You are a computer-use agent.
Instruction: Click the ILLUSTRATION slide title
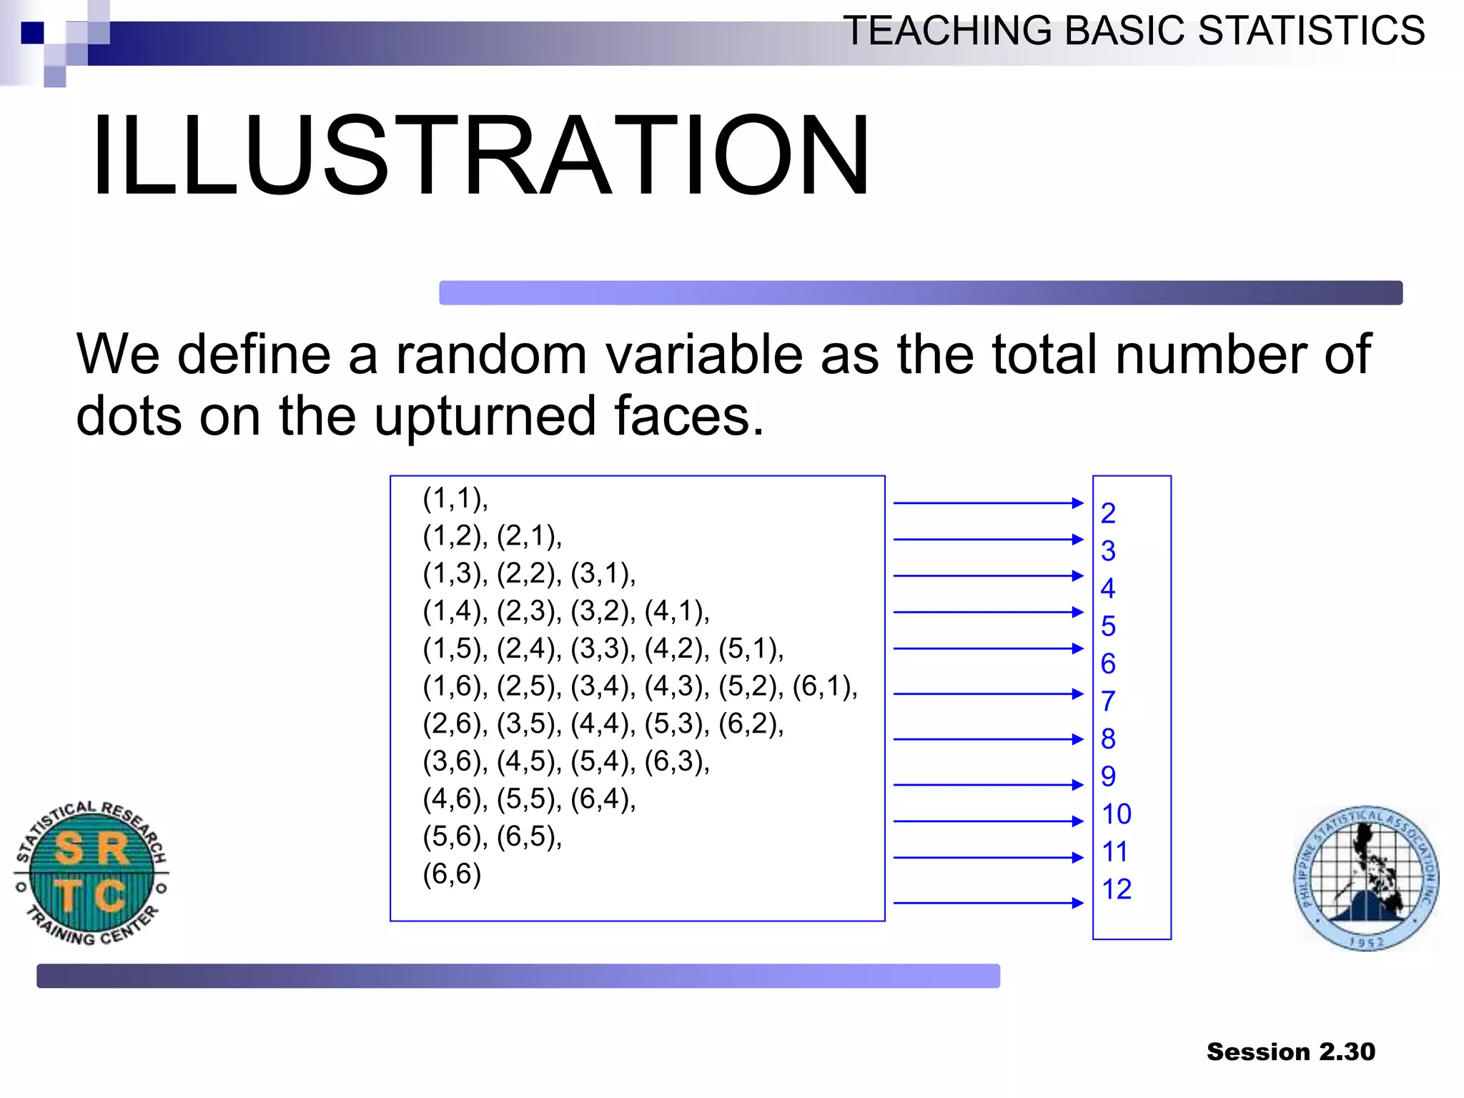coord(480,156)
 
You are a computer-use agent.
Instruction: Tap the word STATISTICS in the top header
coord(1311,31)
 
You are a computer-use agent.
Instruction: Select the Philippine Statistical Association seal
coord(1366,878)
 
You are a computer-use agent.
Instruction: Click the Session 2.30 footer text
coord(1290,1052)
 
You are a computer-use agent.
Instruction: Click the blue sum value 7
coord(1108,701)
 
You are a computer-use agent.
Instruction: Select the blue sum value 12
coord(1117,889)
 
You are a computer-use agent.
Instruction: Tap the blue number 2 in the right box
coord(1108,513)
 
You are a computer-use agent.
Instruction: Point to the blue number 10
coord(1117,814)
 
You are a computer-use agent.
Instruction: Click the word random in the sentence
coord(490,355)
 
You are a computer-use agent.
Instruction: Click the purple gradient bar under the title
coord(920,293)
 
